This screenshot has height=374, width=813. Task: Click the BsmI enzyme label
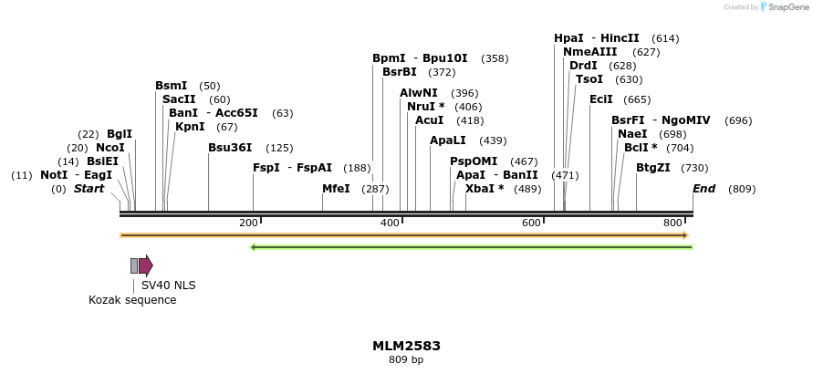tap(172, 86)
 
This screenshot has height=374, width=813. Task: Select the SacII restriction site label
tap(179, 99)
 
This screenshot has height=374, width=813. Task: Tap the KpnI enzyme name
tap(190, 127)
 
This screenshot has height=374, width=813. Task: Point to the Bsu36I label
tap(232, 148)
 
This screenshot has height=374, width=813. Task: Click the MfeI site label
tap(336, 189)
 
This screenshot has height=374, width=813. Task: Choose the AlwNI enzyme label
tap(419, 93)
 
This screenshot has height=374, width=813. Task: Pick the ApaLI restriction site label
tap(448, 140)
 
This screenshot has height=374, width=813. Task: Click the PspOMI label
tap(474, 161)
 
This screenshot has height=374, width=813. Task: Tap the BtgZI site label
tap(653, 168)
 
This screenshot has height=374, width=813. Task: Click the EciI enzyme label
tap(601, 99)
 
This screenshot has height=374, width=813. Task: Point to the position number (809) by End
tap(742, 189)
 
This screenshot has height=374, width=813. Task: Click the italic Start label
tap(89, 189)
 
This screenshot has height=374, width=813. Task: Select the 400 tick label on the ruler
tap(390, 223)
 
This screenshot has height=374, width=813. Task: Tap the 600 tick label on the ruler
tap(531, 223)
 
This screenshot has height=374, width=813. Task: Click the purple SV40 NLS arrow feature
tap(146, 265)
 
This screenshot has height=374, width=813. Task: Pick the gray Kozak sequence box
tap(134, 265)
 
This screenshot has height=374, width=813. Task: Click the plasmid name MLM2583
tap(406, 346)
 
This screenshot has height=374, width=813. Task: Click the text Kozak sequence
tap(132, 300)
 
